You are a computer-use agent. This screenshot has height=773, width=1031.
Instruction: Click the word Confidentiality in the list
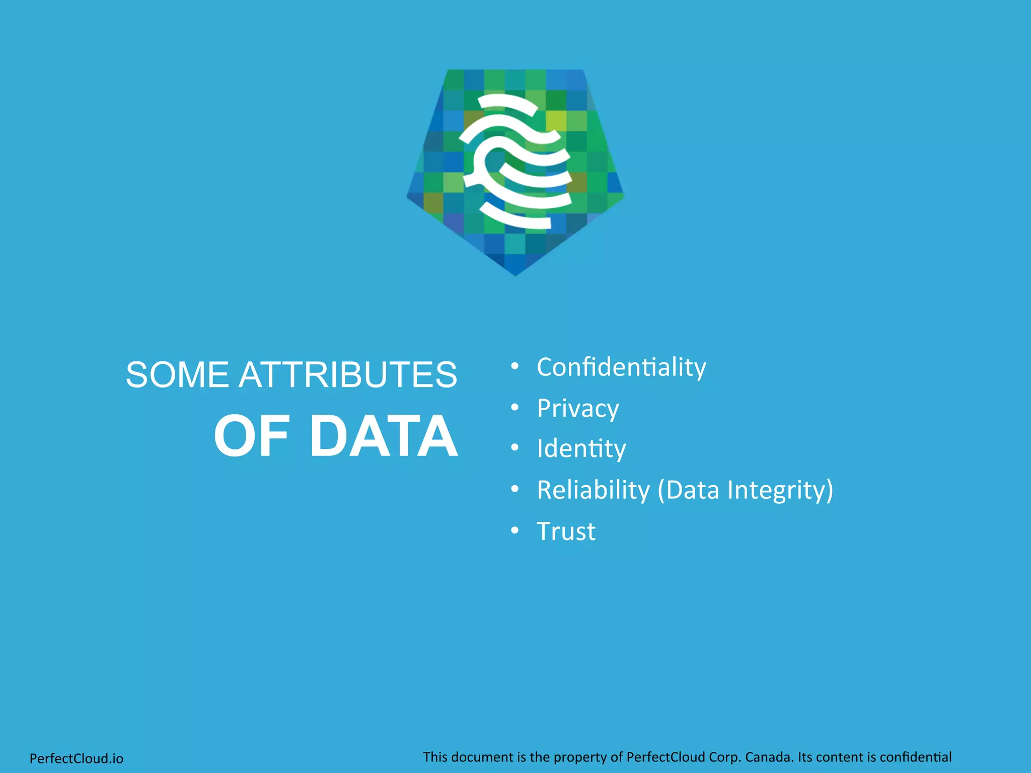pyautogui.click(x=621, y=367)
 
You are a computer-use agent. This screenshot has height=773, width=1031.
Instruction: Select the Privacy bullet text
pyautogui.click(x=577, y=408)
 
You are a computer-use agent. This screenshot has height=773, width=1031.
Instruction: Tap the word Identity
pyautogui.click(x=581, y=448)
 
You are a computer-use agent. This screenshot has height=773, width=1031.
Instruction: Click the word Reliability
pyautogui.click(x=593, y=490)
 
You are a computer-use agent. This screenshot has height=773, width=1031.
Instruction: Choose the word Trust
pyautogui.click(x=566, y=531)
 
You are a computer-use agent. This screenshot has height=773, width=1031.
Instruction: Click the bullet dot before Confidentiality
pyautogui.click(x=514, y=366)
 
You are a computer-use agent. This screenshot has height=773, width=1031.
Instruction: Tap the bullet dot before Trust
pyautogui.click(x=514, y=530)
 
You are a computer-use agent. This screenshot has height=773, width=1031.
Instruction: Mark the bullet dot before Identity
pyautogui.click(x=514, y=447)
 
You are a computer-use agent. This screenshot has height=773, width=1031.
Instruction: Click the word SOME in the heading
pyautogui.click(x=177, y=375)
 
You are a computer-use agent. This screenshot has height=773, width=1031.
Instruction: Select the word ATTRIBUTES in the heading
pyautogui.click(x=348, y=375)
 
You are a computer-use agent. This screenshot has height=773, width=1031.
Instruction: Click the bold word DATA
pyautogui.click(x=384, y=436)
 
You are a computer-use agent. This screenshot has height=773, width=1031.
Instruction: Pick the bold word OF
pyautogui.click(x=252, y=436)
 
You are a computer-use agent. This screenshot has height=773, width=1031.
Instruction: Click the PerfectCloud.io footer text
pyautogui.click(x=77, y=758)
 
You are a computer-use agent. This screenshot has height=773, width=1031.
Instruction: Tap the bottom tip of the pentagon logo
pyautogui.click(x=515, y=274)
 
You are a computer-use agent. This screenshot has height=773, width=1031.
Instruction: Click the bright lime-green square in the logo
pyautogui.click(x=556, y=121)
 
